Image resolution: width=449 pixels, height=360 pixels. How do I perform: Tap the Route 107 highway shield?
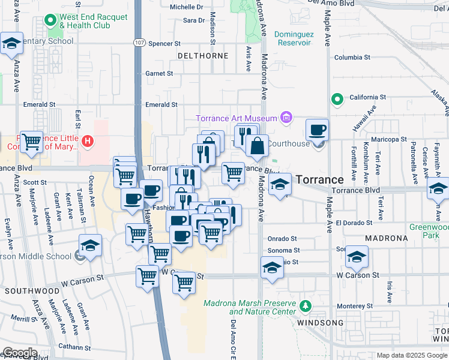139,43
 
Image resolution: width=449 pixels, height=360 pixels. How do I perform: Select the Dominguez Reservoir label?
293,38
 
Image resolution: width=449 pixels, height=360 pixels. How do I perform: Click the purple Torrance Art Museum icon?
286,118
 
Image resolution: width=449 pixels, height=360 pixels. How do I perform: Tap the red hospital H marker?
88,142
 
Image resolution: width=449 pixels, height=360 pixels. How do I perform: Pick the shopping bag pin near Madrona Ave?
257,146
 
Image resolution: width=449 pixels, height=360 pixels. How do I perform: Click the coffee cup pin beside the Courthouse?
317,130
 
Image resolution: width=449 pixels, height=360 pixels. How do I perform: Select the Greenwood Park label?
429,231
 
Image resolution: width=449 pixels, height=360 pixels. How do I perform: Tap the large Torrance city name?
319,179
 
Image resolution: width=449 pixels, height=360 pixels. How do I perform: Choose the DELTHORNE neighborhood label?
203,56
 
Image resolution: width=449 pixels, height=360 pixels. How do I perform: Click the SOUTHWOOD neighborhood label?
23,290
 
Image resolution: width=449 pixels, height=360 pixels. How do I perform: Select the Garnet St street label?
159,74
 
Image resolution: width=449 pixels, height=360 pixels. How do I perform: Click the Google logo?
19,353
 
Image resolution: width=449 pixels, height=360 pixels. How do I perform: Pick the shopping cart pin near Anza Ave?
32,142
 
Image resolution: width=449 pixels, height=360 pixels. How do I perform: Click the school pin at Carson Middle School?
90,246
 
